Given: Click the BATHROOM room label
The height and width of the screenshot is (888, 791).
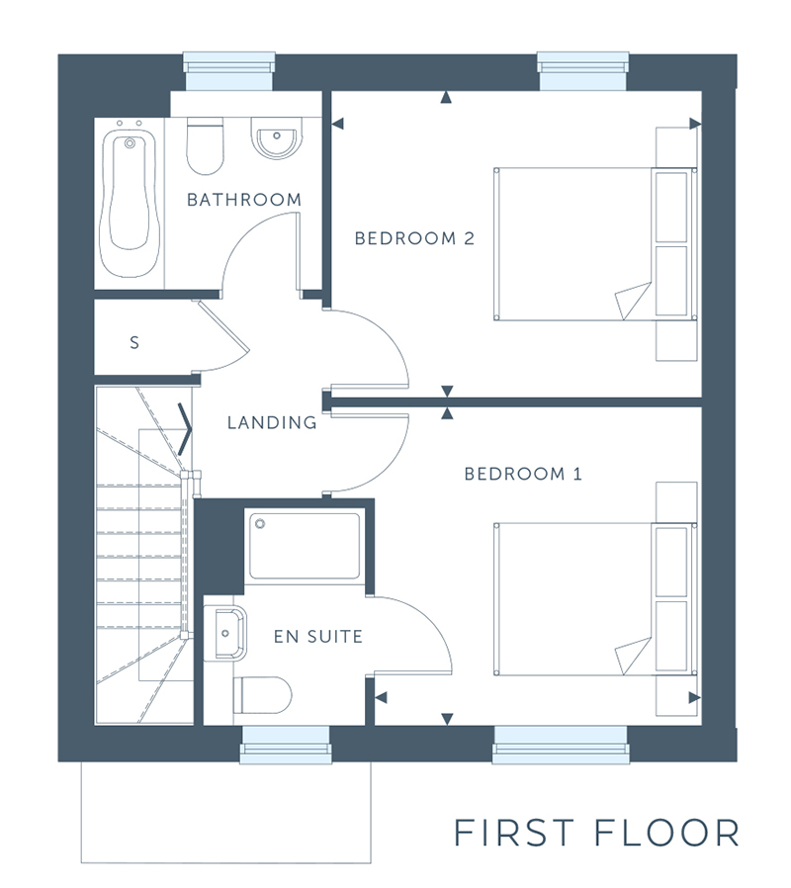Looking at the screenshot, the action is coord(244,200).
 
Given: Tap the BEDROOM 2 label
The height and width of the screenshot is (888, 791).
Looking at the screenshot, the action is coord(414,238).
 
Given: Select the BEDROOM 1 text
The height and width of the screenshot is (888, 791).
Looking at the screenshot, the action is coord(523,474).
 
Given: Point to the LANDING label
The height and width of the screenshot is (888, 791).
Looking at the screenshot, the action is coord(272,422).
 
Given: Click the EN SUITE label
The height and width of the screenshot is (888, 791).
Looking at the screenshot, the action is coord(318,637).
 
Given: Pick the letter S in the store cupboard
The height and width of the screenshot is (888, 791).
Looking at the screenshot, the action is coord(134,342).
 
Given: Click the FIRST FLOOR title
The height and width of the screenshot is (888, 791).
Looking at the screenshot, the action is coord(597,833).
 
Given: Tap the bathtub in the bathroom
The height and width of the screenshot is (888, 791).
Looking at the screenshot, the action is coord(130,204).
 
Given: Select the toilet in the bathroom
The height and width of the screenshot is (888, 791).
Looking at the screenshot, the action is coord(205,146).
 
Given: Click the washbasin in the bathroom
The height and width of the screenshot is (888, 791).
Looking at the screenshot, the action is coord(276,138).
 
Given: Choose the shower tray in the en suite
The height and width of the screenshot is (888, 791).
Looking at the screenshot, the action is coord(305,546).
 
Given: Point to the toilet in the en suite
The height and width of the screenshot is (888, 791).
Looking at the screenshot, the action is coord(262,695).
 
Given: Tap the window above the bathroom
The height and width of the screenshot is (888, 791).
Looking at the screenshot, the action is coord(229,71).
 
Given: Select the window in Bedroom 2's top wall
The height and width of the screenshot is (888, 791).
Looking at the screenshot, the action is coord(582,71).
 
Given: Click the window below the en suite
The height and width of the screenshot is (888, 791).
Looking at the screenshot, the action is coord(286,745).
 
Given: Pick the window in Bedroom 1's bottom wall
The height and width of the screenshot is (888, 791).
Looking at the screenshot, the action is coord(561,745).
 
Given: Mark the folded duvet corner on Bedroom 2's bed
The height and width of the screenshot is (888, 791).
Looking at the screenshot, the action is coord(634,302).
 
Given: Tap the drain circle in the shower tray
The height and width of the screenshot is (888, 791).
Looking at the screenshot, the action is coord(260,524).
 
